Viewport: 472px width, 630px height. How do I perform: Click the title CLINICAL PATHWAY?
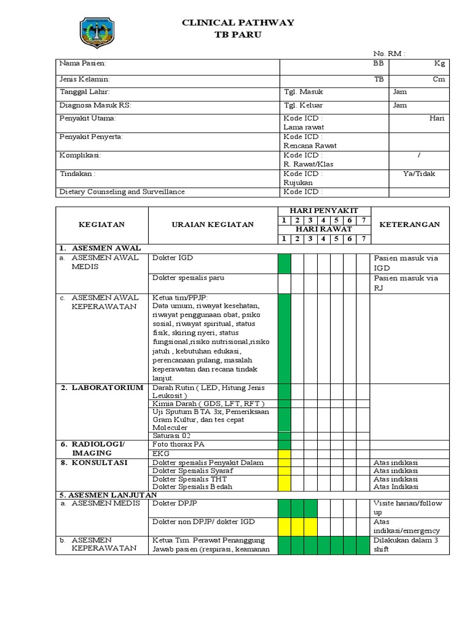point(238,23)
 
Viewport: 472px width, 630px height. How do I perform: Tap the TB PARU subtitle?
point(238,35)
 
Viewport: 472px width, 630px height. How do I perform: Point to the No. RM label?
point(390,54)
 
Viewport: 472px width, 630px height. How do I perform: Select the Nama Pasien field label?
point(83,63)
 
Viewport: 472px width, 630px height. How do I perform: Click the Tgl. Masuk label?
point(303,92)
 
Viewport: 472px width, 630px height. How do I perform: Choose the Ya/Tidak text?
point(419,173)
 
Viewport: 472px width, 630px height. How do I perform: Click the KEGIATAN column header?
point(102,225)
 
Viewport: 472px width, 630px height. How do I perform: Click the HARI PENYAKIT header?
point(324,210)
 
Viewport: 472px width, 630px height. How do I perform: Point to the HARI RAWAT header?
point(324,229)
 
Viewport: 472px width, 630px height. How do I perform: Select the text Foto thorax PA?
point(178,444)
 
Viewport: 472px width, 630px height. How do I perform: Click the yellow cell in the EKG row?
point(284,453)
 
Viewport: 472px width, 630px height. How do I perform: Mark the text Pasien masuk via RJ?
point(406,282)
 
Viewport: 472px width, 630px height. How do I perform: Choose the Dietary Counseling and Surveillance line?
point(122,192)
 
